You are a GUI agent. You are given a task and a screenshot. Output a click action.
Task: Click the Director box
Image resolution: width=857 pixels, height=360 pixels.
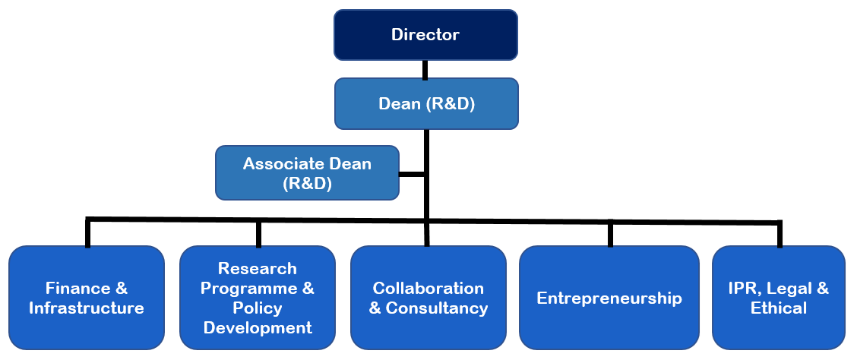tap(425, 34)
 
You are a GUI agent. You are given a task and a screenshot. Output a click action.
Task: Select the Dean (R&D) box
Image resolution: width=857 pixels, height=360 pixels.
tap(426, 103)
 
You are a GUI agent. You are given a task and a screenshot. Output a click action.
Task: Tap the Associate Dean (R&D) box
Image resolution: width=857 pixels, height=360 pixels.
tap(308, 173)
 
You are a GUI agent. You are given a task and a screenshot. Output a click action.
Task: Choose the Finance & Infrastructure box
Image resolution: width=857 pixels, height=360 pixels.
tap(87, 298)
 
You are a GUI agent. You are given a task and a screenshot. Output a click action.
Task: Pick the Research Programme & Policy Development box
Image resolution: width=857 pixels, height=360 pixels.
tap(258, 298)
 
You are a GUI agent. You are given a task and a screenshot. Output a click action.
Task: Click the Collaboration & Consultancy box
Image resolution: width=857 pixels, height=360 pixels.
tap(428, 298)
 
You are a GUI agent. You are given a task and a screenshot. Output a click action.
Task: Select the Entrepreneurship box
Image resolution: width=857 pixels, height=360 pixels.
tap(609, 298)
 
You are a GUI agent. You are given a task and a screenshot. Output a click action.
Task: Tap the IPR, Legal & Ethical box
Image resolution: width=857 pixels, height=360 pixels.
tap(779, 298)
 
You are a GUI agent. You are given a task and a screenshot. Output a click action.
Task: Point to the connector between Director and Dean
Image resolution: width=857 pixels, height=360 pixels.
tap(425, 69)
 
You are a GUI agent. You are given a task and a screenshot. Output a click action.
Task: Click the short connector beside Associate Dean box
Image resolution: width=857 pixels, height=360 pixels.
tap(412, 174)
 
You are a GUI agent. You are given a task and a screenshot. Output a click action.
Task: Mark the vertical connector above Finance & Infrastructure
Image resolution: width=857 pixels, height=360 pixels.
tap(88, 232)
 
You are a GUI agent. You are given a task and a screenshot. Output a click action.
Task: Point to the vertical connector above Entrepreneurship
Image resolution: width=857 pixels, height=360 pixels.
tap(610, 233)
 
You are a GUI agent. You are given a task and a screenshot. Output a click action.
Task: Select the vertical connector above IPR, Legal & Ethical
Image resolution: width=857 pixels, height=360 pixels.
tap(780, 234)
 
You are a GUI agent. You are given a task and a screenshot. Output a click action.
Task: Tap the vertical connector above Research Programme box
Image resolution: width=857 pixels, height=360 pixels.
tap(258, 233)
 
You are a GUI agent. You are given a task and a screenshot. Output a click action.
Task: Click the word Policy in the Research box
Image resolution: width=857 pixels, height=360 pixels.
tap(258, 308)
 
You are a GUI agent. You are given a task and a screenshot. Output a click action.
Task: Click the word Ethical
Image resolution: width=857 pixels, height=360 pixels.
tap(779, 308)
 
